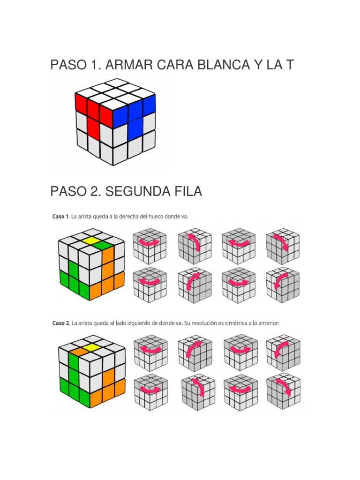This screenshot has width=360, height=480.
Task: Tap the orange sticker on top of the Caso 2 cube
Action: (78, 350)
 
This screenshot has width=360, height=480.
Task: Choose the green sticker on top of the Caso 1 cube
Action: (106, 245)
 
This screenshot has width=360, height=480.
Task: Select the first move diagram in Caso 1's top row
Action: (146, 246)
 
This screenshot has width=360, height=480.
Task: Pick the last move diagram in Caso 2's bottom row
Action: (283, 391)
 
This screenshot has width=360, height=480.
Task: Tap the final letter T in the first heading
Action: (289, 65)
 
